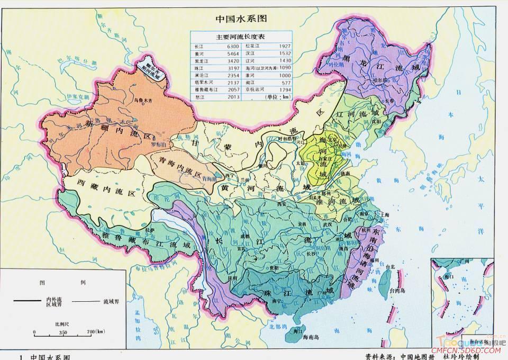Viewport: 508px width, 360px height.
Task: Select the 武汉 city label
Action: point(321,226)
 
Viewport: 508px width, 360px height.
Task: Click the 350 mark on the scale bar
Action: point(64,332)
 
